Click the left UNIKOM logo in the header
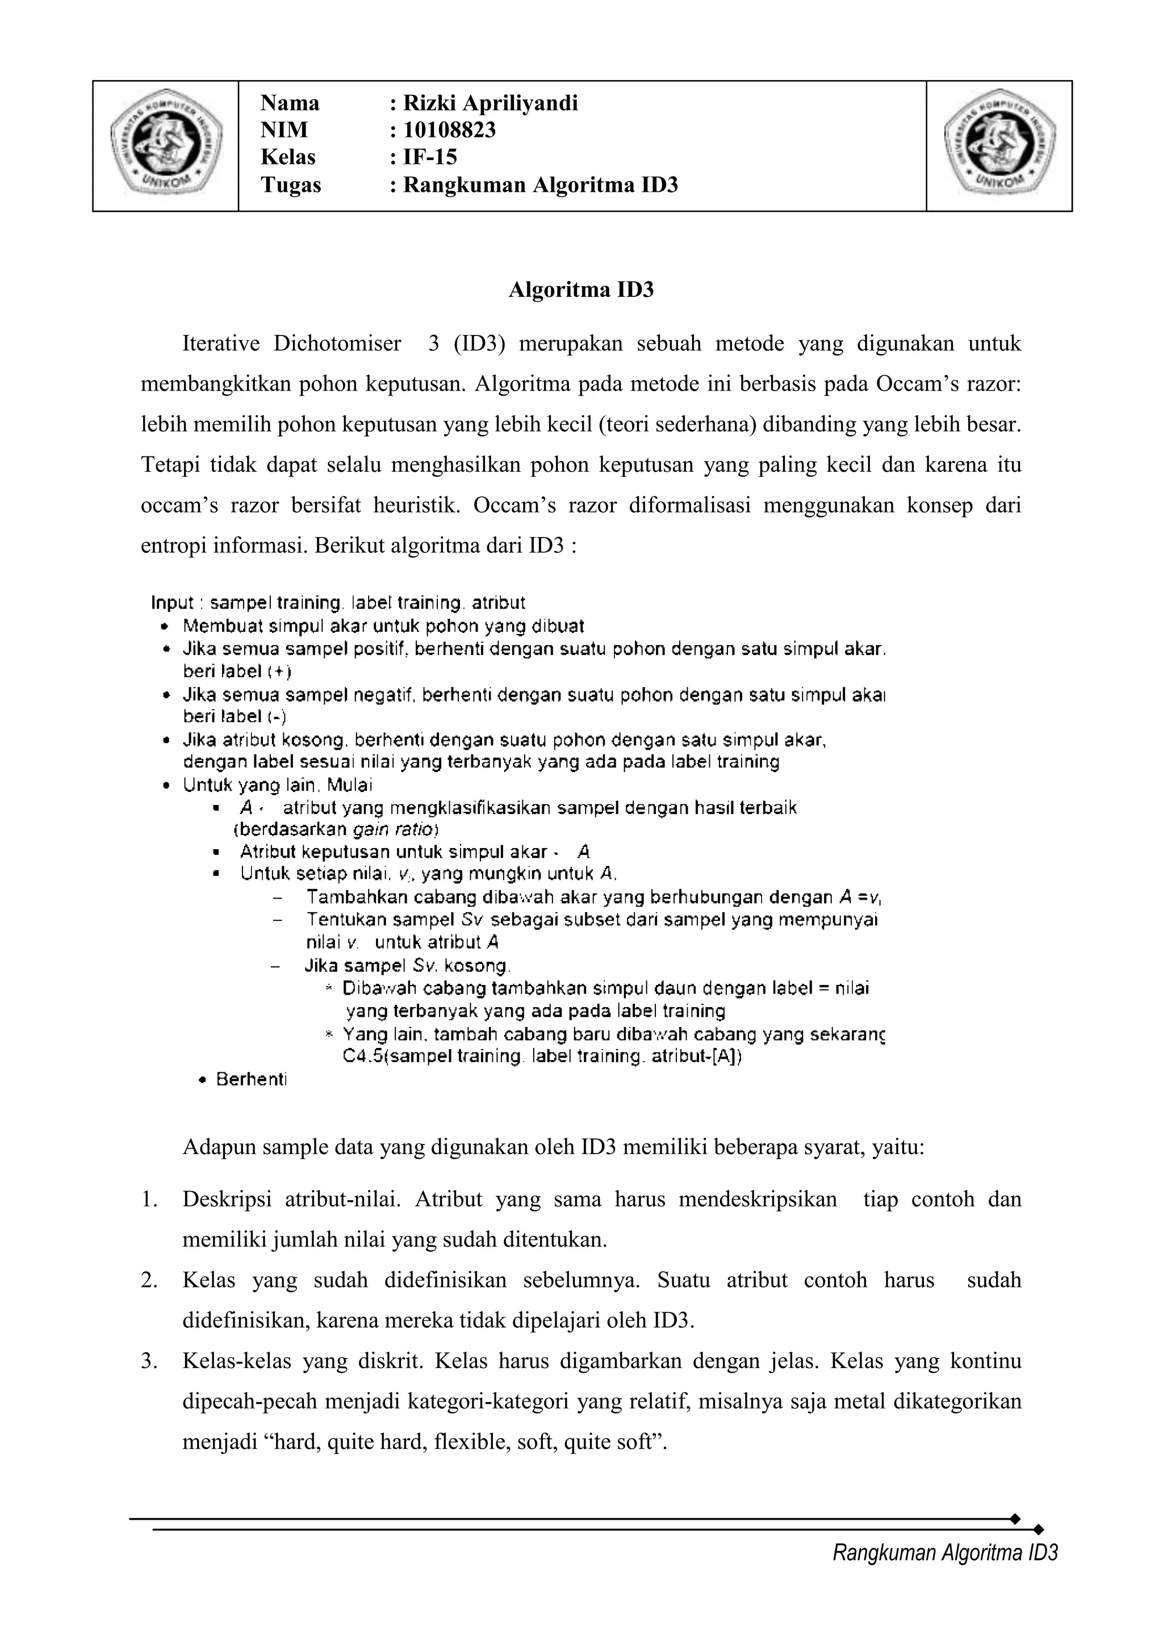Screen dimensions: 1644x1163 pos(165,145)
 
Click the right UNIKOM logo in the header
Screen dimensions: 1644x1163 pos(999,145)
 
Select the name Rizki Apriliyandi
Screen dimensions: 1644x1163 pos(491,104)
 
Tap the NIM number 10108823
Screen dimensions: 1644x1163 pos(450,131)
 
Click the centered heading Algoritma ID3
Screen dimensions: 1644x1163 pos(581,290)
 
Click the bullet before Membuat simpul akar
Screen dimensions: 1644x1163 pos(165,627)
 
